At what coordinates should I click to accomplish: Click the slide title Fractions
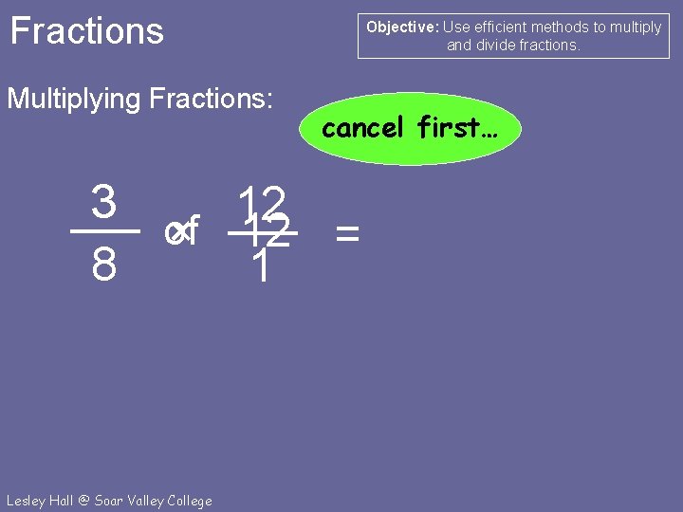(86, 31)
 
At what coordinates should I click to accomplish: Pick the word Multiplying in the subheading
(76, 98)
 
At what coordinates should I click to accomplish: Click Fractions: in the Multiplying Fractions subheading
(212, 98)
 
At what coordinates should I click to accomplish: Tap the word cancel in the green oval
(363, 127)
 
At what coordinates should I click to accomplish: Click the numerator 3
(104, 200)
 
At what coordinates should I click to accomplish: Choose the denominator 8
(104, 266)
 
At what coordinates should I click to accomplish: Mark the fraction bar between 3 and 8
(104, 231)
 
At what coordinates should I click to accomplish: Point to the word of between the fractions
(180, 231)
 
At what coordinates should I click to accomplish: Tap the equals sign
(348, 232)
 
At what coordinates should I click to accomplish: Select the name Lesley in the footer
(28, 501)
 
